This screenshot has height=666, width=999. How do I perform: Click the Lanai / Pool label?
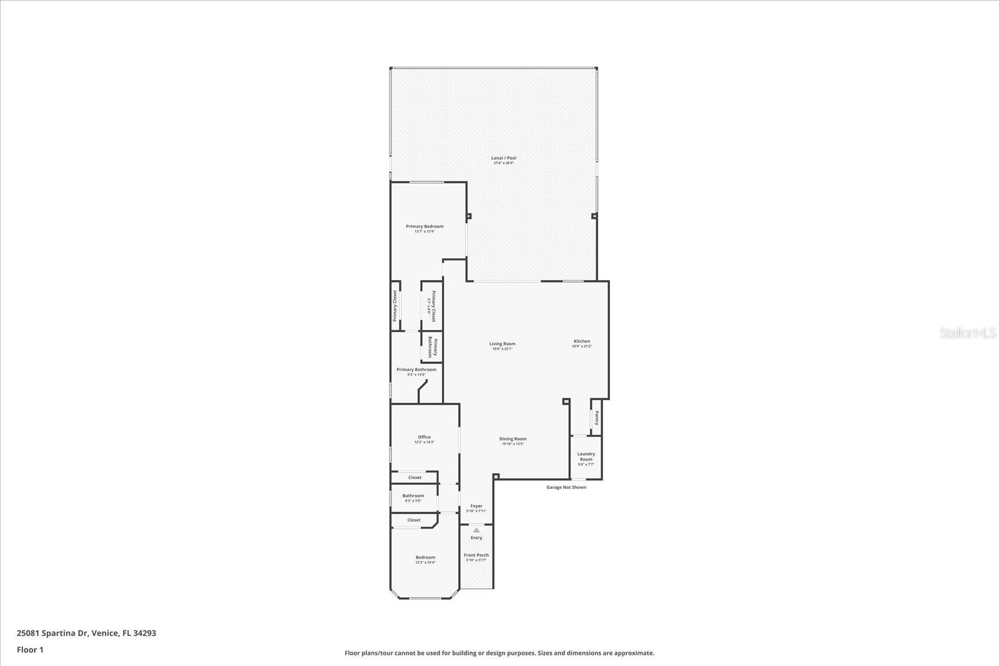tap(504, 159)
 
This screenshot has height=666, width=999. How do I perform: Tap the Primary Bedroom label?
tap(425, 227)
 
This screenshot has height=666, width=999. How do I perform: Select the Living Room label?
tap(502, 344)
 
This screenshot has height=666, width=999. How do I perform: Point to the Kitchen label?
tap(582, 341)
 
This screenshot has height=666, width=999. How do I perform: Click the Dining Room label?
tap(513, 439)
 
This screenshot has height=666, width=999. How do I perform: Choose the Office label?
tap(424, 438)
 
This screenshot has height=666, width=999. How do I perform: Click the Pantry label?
tap(597, 418)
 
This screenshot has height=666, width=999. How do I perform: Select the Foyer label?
tap(476, 506)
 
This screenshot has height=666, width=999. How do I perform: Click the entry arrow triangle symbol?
tap(476, 530)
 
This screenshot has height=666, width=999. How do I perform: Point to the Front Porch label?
tap(476, 555)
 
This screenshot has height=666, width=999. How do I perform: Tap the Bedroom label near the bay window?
tap(425, 557)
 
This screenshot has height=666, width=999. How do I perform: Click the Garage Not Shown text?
tap(566, 487)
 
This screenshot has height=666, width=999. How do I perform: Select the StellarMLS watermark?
tap(968, 333)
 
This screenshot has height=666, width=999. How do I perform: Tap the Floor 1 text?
tap(30, 650)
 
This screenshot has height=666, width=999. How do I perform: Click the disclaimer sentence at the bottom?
tap(499, 653)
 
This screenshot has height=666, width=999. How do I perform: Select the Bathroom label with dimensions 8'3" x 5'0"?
tap(413, 496)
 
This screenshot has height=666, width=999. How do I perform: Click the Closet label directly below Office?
tap(415, 477)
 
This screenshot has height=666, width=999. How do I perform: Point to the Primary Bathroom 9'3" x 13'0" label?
tap(416, 370)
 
